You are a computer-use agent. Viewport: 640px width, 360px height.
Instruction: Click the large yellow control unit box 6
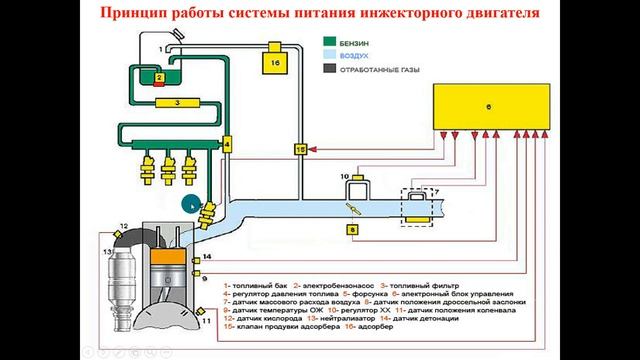click(490, 106)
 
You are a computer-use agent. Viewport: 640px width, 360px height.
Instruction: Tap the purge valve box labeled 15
click(299, 149)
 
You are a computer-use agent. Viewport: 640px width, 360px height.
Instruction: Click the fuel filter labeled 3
click(176, 102)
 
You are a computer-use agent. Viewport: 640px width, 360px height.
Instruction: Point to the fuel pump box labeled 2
click(158, 77)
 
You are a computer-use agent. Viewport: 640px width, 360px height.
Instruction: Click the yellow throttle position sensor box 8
click(352, 229)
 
